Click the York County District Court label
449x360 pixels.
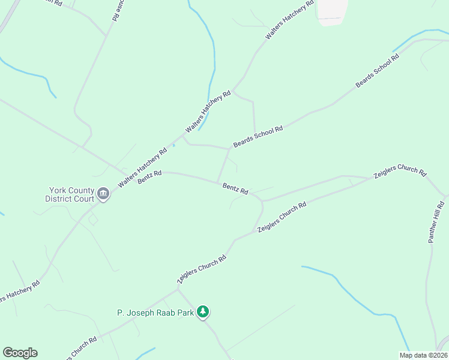[70, 194]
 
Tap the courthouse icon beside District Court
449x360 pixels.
[103, 194]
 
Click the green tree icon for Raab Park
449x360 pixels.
[204, 311]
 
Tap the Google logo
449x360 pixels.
[20, 353]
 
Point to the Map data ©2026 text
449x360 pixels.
[423, 355]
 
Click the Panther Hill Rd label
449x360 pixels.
[436, 222]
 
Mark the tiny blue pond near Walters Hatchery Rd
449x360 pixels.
[174, 145]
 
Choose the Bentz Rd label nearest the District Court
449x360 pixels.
[149, 177]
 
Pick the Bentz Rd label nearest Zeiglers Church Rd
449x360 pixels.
[235, 188]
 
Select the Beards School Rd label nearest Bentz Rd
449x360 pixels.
[258, 137]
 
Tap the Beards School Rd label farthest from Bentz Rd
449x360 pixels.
[377, 72]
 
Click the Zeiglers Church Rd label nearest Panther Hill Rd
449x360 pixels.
[400, 173]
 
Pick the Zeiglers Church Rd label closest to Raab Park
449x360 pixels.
[201, 269]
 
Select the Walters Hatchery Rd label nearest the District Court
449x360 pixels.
[142, 169]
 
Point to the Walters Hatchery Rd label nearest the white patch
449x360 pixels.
[290, 20]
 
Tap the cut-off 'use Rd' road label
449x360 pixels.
[116, 11]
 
